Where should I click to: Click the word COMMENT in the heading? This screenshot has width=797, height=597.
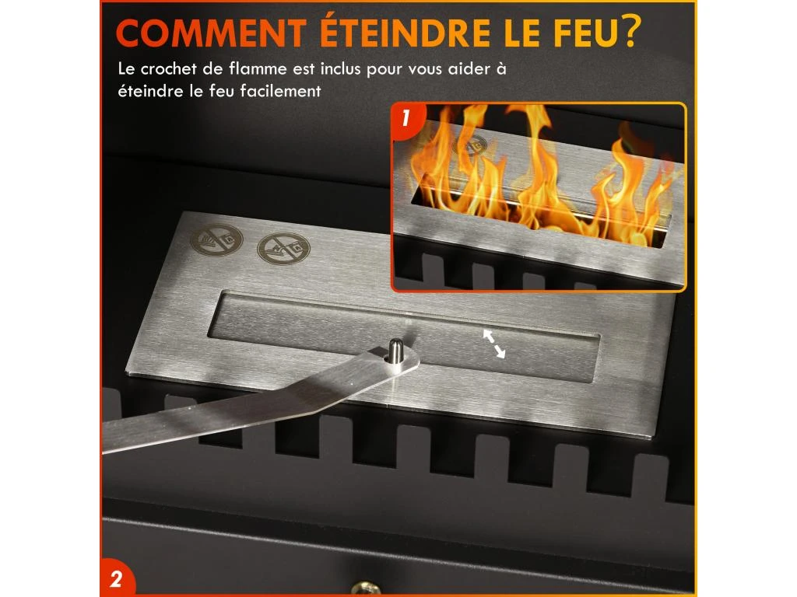coord(211,33)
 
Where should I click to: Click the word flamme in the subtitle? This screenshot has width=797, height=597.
coord(257,69)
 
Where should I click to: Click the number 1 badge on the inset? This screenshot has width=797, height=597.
coord(406,119)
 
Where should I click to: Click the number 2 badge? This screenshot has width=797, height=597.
coord(117,578)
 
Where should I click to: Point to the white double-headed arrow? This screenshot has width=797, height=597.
coord(493,344)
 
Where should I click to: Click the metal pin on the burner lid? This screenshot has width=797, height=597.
coord(395,351)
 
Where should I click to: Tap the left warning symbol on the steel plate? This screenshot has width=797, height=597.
coord(216,239)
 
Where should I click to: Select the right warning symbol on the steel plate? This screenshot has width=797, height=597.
coord(283,248)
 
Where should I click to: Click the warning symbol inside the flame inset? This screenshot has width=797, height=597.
coord(469,144)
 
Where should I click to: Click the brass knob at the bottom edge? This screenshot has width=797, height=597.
coord(366,589)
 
